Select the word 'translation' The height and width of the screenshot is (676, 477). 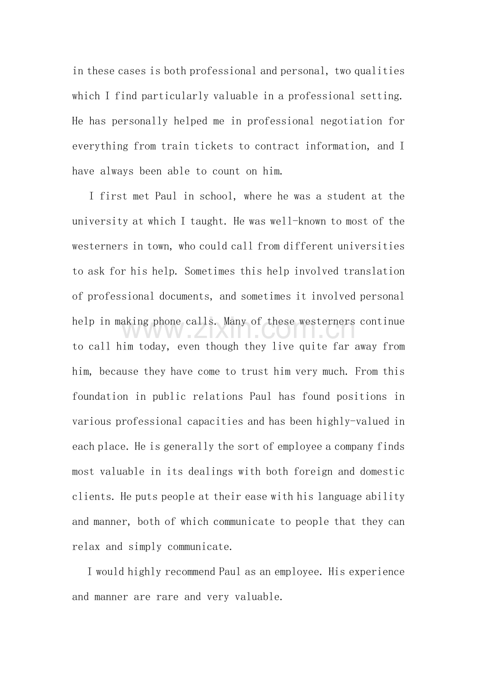point(374,271)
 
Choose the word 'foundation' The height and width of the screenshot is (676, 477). point(100,397)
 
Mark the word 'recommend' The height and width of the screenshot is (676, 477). point(190,572)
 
